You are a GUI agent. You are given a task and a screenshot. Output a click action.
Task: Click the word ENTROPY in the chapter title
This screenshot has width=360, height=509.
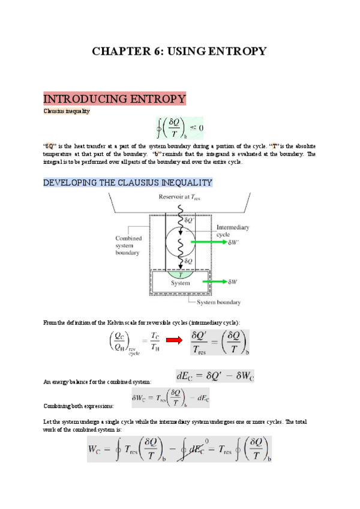pos(231,52)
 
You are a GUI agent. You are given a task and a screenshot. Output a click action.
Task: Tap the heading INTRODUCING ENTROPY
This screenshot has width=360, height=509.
pos(115,99)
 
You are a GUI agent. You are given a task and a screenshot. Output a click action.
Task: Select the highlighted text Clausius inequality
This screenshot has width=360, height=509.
pos(67,111)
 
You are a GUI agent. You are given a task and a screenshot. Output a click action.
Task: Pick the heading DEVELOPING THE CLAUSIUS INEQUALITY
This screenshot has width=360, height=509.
pos(128,182)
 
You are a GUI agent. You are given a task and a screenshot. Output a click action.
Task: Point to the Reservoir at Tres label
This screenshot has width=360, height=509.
pos(180,197)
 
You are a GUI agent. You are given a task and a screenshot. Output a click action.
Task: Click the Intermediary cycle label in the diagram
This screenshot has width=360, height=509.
pos(232,231)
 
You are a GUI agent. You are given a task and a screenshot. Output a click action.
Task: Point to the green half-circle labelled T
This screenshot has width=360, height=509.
pos(180,274)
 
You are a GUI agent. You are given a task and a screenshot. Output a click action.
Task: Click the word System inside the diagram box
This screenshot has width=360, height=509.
pos(180,283)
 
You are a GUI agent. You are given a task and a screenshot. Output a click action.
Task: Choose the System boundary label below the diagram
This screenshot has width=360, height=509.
pos(219,303)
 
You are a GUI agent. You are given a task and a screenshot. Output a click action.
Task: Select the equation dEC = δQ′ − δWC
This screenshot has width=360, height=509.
pos(215,376)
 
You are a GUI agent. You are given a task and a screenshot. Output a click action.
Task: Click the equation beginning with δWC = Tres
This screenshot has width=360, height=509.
pos(170,399)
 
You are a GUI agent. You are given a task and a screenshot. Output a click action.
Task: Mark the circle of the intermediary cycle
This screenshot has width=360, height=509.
pos(180,242)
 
